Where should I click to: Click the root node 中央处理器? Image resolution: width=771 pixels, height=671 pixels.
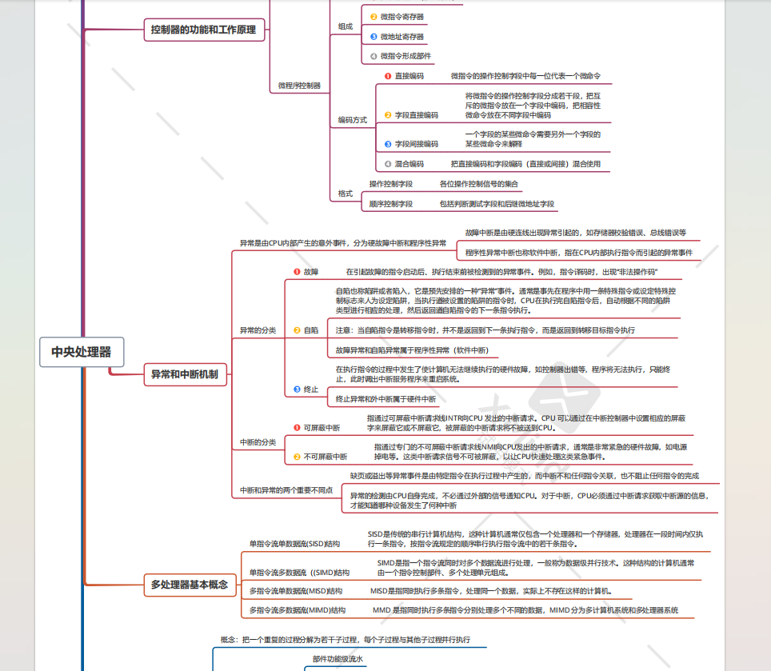pos(82,351)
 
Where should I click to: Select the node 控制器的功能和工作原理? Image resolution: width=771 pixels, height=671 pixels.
pos(203,30)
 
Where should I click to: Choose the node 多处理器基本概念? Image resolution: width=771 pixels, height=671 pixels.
pos(190,585)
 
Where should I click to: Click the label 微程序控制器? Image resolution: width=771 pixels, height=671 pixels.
pos(299,85)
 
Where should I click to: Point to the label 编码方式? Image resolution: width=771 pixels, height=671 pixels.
pos(352,120)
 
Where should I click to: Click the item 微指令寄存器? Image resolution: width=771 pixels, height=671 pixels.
pos(401,16)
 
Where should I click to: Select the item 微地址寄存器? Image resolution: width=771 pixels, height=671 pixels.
pos(401,36)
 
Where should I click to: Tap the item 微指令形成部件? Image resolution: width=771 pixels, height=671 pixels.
pos(405,56)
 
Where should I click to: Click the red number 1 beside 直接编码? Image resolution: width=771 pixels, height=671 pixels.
pos(387,76)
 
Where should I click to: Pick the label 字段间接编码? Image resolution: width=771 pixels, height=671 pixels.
pos(417,144)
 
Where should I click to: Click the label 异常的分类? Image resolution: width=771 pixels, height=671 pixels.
pos(258,330)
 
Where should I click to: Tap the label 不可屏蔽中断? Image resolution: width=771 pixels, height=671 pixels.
pos(325,456)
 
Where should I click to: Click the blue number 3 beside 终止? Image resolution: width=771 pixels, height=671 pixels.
pos(297,389)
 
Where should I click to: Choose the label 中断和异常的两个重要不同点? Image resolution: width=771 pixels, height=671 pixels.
pos(286,489)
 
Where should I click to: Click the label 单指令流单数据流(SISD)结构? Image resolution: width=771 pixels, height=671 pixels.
pos(294,544)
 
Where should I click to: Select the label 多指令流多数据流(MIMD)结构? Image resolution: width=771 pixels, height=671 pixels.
pos(297,610)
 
